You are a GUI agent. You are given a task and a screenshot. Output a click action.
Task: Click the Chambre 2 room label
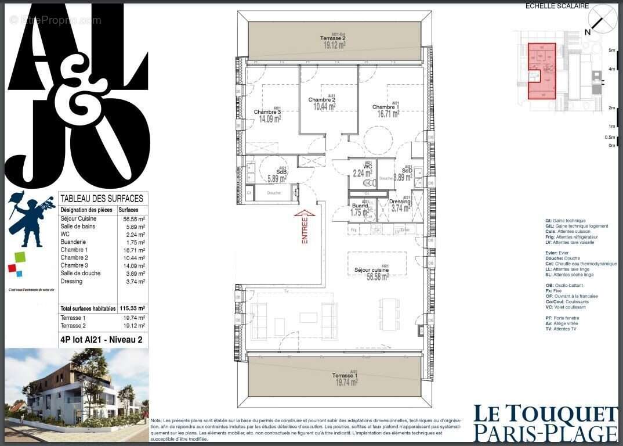321,99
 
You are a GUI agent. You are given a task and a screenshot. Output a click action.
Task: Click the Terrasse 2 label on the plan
334,38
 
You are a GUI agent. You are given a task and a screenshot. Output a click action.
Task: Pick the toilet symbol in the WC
367,182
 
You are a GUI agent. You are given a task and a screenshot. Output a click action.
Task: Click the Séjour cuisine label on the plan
371,270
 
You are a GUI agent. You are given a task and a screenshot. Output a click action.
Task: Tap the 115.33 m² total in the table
133,308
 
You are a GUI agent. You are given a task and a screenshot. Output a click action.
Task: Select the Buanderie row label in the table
73,242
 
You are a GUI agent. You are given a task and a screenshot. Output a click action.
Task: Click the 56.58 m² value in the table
133,218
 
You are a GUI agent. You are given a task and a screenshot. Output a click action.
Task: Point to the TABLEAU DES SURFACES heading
102,199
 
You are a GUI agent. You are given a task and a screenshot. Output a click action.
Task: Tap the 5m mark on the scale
611,51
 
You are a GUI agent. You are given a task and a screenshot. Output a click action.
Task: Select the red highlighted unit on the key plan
541,71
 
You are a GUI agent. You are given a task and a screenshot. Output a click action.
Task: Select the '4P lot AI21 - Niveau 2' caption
102,340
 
